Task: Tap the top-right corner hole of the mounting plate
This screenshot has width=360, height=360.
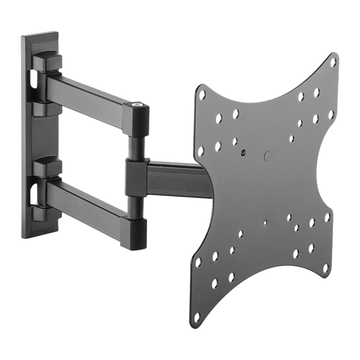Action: (x=334, y=62)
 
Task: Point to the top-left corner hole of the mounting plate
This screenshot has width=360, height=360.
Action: (x=203, y=94)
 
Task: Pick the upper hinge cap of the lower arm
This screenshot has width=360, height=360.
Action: (x=47, y=166)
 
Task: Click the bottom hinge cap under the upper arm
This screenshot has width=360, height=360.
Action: (x=47, y=110)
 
